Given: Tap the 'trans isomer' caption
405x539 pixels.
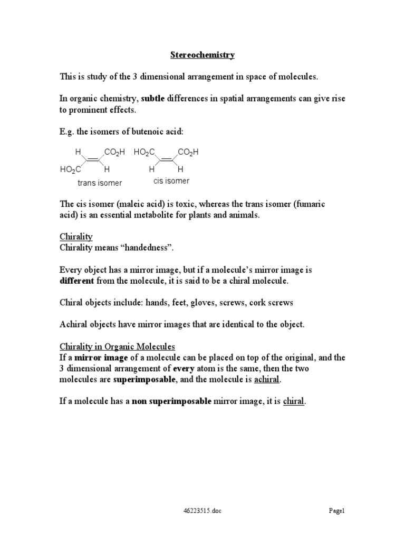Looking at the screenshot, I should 100,183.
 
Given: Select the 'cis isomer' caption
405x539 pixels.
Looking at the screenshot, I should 171,181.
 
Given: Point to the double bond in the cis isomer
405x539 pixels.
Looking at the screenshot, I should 167,161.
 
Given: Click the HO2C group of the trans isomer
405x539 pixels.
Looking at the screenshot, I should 70,169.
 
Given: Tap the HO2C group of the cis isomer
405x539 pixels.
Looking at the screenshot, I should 144,152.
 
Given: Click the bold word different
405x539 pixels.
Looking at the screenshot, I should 76,281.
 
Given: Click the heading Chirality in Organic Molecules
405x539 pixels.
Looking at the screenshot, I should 117,347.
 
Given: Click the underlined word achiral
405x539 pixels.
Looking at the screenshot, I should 267,380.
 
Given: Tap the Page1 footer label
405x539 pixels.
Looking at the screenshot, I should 336,511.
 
